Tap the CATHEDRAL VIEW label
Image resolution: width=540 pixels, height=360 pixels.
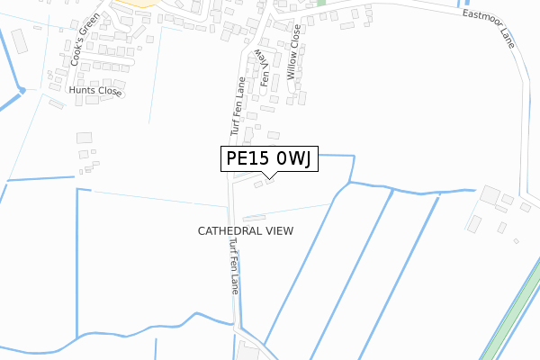click(246, 231)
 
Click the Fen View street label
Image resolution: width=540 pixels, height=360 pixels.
click(265, 67)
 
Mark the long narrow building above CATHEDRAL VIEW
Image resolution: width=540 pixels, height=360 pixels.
click(256, 216)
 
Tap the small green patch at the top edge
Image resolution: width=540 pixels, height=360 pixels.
click(321, 3)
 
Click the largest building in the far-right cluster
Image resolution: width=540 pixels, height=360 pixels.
click(491, 195)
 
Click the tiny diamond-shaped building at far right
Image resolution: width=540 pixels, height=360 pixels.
click(516, 240)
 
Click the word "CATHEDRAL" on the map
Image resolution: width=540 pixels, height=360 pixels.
click(227, 231)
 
